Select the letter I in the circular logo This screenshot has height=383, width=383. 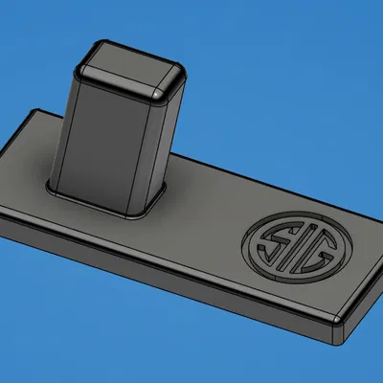pos(292,246)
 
